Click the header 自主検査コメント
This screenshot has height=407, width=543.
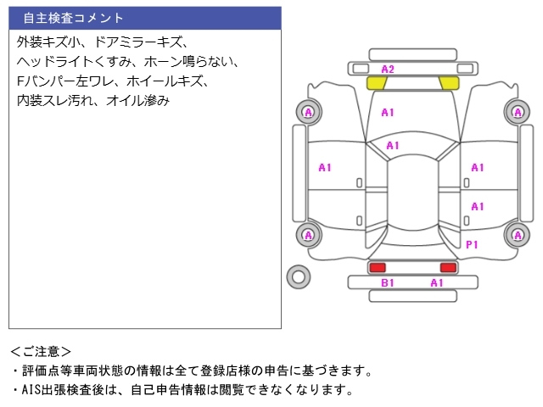click(73, 18)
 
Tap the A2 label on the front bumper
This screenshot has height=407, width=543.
click(387, 69)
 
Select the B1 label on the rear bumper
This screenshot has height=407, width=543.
click(387, 282)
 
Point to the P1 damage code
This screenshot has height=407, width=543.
click(473, 244)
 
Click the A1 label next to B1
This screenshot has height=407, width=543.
click(436, 282)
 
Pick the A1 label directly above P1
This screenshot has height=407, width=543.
click(477, 206)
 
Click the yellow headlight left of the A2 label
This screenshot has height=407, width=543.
click(375, 83)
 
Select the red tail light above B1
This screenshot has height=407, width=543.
click(377, 267)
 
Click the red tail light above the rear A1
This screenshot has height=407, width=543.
click(447, 267)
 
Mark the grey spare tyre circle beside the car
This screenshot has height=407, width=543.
click(299, 276)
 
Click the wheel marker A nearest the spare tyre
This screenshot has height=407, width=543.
click(307, 235)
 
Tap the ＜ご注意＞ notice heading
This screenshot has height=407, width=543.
click(41, 351)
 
